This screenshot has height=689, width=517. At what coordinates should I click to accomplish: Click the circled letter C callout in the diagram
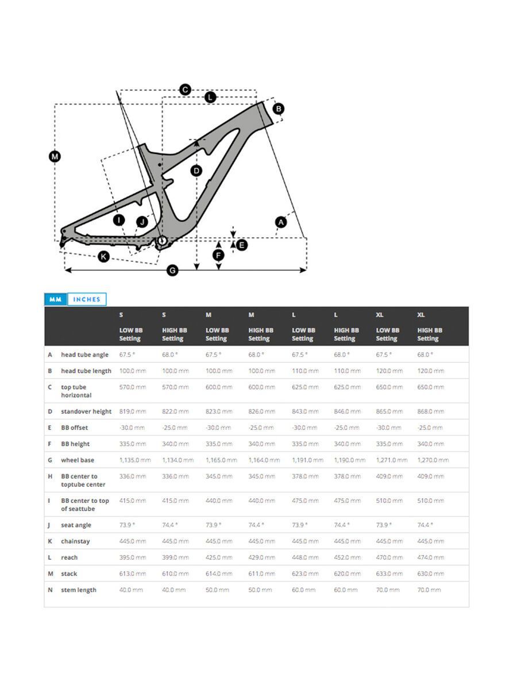tap(185, 90)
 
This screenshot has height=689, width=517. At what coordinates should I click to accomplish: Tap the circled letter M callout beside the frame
tap(55, 156)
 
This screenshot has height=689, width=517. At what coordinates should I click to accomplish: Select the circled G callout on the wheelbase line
tap(172, 270)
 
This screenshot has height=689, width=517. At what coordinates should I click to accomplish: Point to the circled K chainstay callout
tap(103, 256)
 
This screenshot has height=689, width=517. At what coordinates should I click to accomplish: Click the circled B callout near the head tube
tap(278, 109)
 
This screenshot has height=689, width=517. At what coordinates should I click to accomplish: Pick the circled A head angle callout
tap(281, 222)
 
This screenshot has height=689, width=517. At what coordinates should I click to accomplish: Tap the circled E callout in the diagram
tap(242, 245)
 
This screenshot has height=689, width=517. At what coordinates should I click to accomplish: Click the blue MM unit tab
tap(55, 299)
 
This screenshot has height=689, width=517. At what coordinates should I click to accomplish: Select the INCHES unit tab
tap(87, 299)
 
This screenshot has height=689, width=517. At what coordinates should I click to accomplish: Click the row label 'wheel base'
tap(78, 460)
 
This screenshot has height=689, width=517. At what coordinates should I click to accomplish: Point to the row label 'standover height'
tap(86, 411)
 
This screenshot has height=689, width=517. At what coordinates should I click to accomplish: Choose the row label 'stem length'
tap(79, 590)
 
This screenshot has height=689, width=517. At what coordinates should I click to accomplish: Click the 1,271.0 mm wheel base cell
tap(391, 460)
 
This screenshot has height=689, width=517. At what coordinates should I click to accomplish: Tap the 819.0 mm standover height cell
tap(133, 411)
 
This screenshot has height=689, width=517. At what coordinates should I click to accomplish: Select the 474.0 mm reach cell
tap(430, 558)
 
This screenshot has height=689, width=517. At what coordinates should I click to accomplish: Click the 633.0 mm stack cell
tap(389, 574)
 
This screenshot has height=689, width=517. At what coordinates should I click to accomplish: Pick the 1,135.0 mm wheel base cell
tap(135, 460)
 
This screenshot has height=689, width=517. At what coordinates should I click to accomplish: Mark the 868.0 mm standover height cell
tap(430, 411)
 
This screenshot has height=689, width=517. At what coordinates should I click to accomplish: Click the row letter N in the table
tap(50, 590)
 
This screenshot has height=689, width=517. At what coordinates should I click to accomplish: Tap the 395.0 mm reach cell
tap(133, 558)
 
